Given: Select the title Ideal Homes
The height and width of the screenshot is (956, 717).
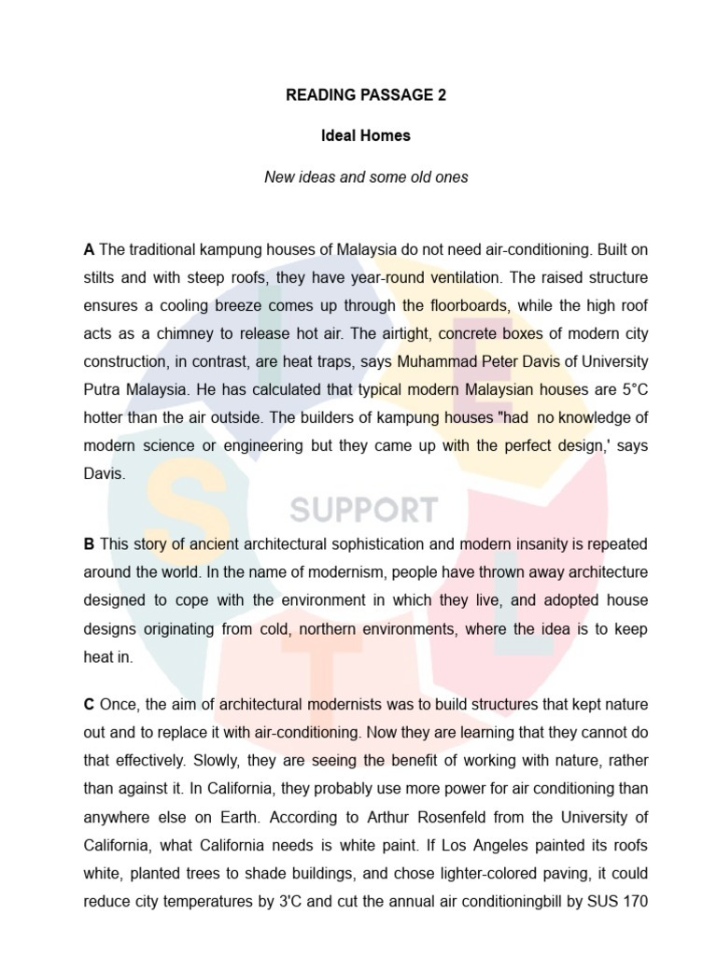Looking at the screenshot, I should click(x=366, y=135).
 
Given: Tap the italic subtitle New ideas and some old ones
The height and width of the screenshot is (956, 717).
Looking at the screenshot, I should click(x=366, y=176).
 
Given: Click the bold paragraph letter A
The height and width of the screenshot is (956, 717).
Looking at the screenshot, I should click(x=89, y=250).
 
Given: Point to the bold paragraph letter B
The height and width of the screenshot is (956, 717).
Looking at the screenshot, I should click(x=89, y=543).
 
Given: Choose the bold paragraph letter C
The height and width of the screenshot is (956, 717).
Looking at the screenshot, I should click(x=89, y=705).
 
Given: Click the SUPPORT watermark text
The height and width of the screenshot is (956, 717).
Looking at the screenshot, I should click(x=363, y=510).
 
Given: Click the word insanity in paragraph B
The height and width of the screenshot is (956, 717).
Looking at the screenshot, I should click(x=502, y=543).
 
